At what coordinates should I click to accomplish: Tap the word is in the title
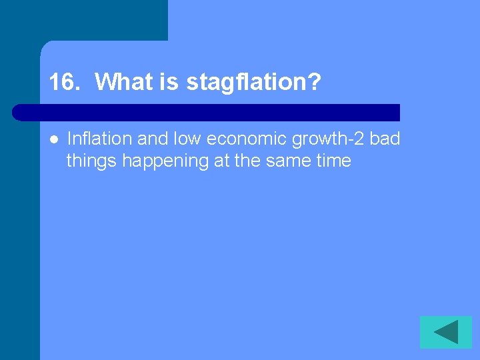(x=167, y=83)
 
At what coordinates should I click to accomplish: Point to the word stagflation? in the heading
(x=253, y=83)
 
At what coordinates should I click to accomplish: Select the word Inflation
(x=99, y=139)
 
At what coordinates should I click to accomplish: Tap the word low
(x=188, y=139)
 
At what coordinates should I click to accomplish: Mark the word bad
(x=384, y=139)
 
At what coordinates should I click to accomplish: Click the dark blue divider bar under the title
(x=207, y=112)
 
